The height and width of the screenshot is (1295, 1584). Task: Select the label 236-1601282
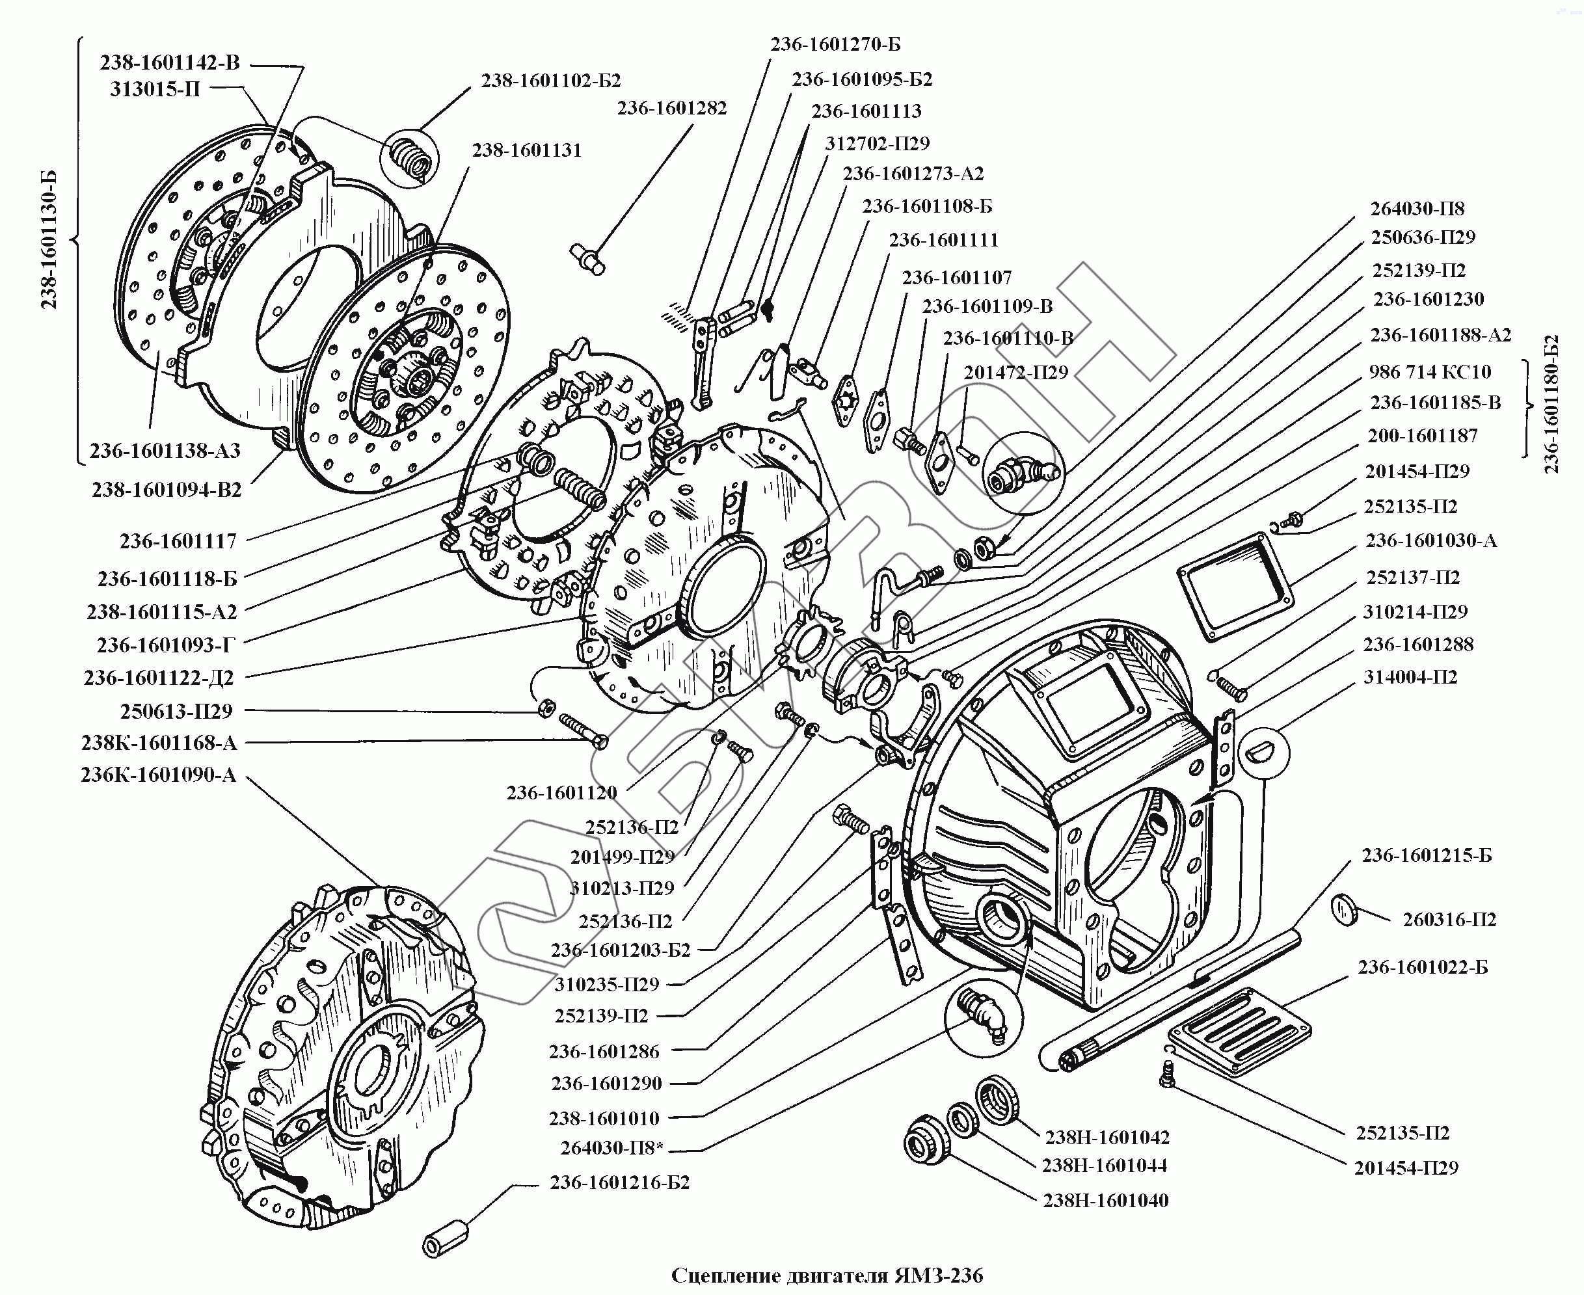pos(671,108)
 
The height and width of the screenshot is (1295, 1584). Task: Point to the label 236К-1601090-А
pos(158,775)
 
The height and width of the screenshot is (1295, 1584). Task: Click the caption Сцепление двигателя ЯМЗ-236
pos(827,1275)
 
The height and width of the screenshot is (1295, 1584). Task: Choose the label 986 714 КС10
pos(1430,371)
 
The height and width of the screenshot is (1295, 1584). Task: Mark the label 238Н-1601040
pos(1105,1201)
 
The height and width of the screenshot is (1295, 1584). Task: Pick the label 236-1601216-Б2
pos(619,1182)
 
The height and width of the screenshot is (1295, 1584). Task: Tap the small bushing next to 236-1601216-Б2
pos(446,1238)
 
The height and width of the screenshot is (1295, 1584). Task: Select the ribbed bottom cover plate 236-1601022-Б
pos(1239,1032)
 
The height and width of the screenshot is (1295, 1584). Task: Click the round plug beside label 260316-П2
pos(1345,911)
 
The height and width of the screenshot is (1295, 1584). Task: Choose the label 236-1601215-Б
pos(1426,855)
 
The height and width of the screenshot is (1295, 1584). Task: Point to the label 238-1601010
pos(604,1118)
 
